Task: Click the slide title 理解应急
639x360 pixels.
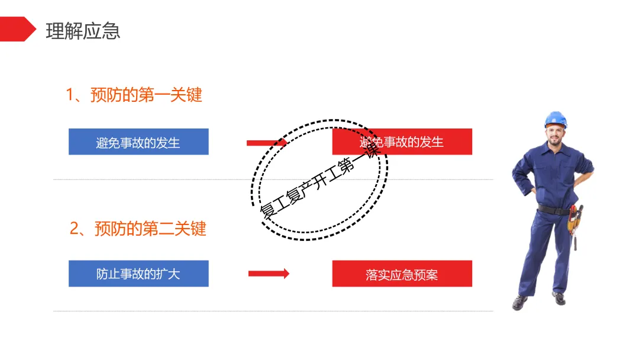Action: click(x=83, y=31)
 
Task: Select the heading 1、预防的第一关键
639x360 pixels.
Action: click(x=134, y=95)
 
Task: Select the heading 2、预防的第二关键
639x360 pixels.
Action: click(x=138, y=229)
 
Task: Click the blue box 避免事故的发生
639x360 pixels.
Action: click(x=138, y=142)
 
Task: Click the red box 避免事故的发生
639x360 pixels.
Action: click(x=402, y=142)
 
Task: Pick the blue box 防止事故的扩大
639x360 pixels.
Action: click(x=138, y=274)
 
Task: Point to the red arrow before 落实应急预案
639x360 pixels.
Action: click(x=269, y=274)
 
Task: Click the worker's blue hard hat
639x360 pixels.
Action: click(x=556, y=119)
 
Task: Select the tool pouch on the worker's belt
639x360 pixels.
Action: click(x=574, y=221)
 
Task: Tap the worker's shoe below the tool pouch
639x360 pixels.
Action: click(x=559, y=297)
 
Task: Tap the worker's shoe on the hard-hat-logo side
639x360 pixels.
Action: click(x=520, y=302)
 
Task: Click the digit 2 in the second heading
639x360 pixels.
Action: click(x=75, y=229)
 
